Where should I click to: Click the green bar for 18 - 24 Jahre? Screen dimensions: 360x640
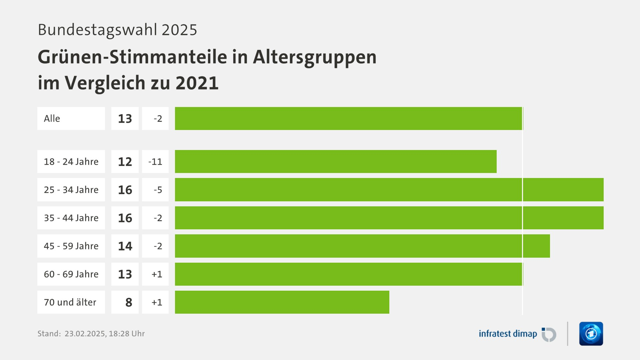(x=335, y=162)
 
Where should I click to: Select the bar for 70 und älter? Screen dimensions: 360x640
(x=282, y=302)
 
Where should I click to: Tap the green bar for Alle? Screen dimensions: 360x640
(x=349, y=119)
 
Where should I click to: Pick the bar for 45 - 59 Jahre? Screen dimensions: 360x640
(x=362, y=246)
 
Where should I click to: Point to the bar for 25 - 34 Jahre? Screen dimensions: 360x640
(x=389, y=190)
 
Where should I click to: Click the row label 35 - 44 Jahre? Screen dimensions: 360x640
(x=71, y=218)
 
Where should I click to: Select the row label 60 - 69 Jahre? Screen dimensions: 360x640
(x=71, y=274)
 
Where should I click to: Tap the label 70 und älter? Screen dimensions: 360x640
(x=70, y=302)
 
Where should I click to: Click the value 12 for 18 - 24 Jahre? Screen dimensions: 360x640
(x=125, y=162)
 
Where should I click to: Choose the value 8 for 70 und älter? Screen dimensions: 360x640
(x=129, y=302)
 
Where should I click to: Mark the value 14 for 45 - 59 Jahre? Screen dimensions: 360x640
(x=125, y=246)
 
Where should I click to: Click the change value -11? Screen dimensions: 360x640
(x=155, y=162)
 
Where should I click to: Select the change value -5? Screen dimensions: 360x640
(x=158, y=190)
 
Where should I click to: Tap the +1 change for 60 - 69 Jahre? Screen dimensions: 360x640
(x=157, y=274)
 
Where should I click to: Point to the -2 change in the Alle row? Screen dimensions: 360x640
(x=158, y=119)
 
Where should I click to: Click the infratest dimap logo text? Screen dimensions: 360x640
(x=508, y=334)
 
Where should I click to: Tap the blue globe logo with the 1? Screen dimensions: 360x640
(x=591, y=334)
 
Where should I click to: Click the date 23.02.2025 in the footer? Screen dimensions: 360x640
(x=85, y=334)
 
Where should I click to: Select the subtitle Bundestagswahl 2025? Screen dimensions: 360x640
(x=117, y=30)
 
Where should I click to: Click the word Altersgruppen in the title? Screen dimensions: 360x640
(x=315, y=57)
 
